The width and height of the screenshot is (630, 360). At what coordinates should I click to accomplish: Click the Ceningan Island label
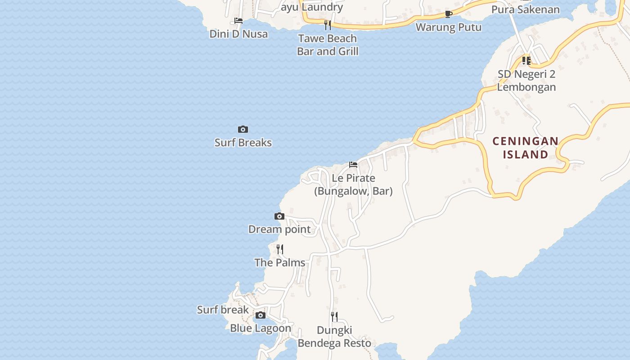(525, 148)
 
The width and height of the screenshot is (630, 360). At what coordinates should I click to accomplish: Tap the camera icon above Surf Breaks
(243, 130)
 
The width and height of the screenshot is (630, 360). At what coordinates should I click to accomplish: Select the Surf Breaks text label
(243, 143)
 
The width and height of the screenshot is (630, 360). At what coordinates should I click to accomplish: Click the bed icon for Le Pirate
(353, 165)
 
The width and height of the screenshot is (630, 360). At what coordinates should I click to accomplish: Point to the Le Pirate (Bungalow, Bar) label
(353, 184)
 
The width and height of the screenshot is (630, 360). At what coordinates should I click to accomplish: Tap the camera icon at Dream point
(279, 216)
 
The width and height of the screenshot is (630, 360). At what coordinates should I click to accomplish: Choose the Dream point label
(279, 229)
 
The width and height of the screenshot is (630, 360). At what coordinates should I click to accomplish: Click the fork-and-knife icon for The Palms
(280, 249)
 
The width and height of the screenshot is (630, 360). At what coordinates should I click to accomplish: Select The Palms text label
(280, 262)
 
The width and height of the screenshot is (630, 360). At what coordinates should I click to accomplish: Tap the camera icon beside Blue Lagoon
(261, 315)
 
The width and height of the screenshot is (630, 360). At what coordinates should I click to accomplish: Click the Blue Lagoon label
(261, 328)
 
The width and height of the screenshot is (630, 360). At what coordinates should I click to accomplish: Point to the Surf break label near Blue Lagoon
(223, 310)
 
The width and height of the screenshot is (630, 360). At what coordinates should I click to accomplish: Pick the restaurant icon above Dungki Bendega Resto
(334, 317)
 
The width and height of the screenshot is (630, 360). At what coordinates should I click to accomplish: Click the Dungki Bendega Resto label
(334, 337)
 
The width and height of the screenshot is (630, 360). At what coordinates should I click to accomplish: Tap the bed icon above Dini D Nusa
(238, 21)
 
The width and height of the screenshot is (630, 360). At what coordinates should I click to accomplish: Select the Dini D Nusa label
(238, 34)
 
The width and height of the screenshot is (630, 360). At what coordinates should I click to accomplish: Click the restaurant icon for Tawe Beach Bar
(328, 25)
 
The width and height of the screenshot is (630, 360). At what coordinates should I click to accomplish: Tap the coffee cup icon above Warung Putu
(448, 14)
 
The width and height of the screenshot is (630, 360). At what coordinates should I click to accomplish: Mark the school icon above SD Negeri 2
(526, 60)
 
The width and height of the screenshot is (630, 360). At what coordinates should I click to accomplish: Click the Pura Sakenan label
(526, 9)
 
